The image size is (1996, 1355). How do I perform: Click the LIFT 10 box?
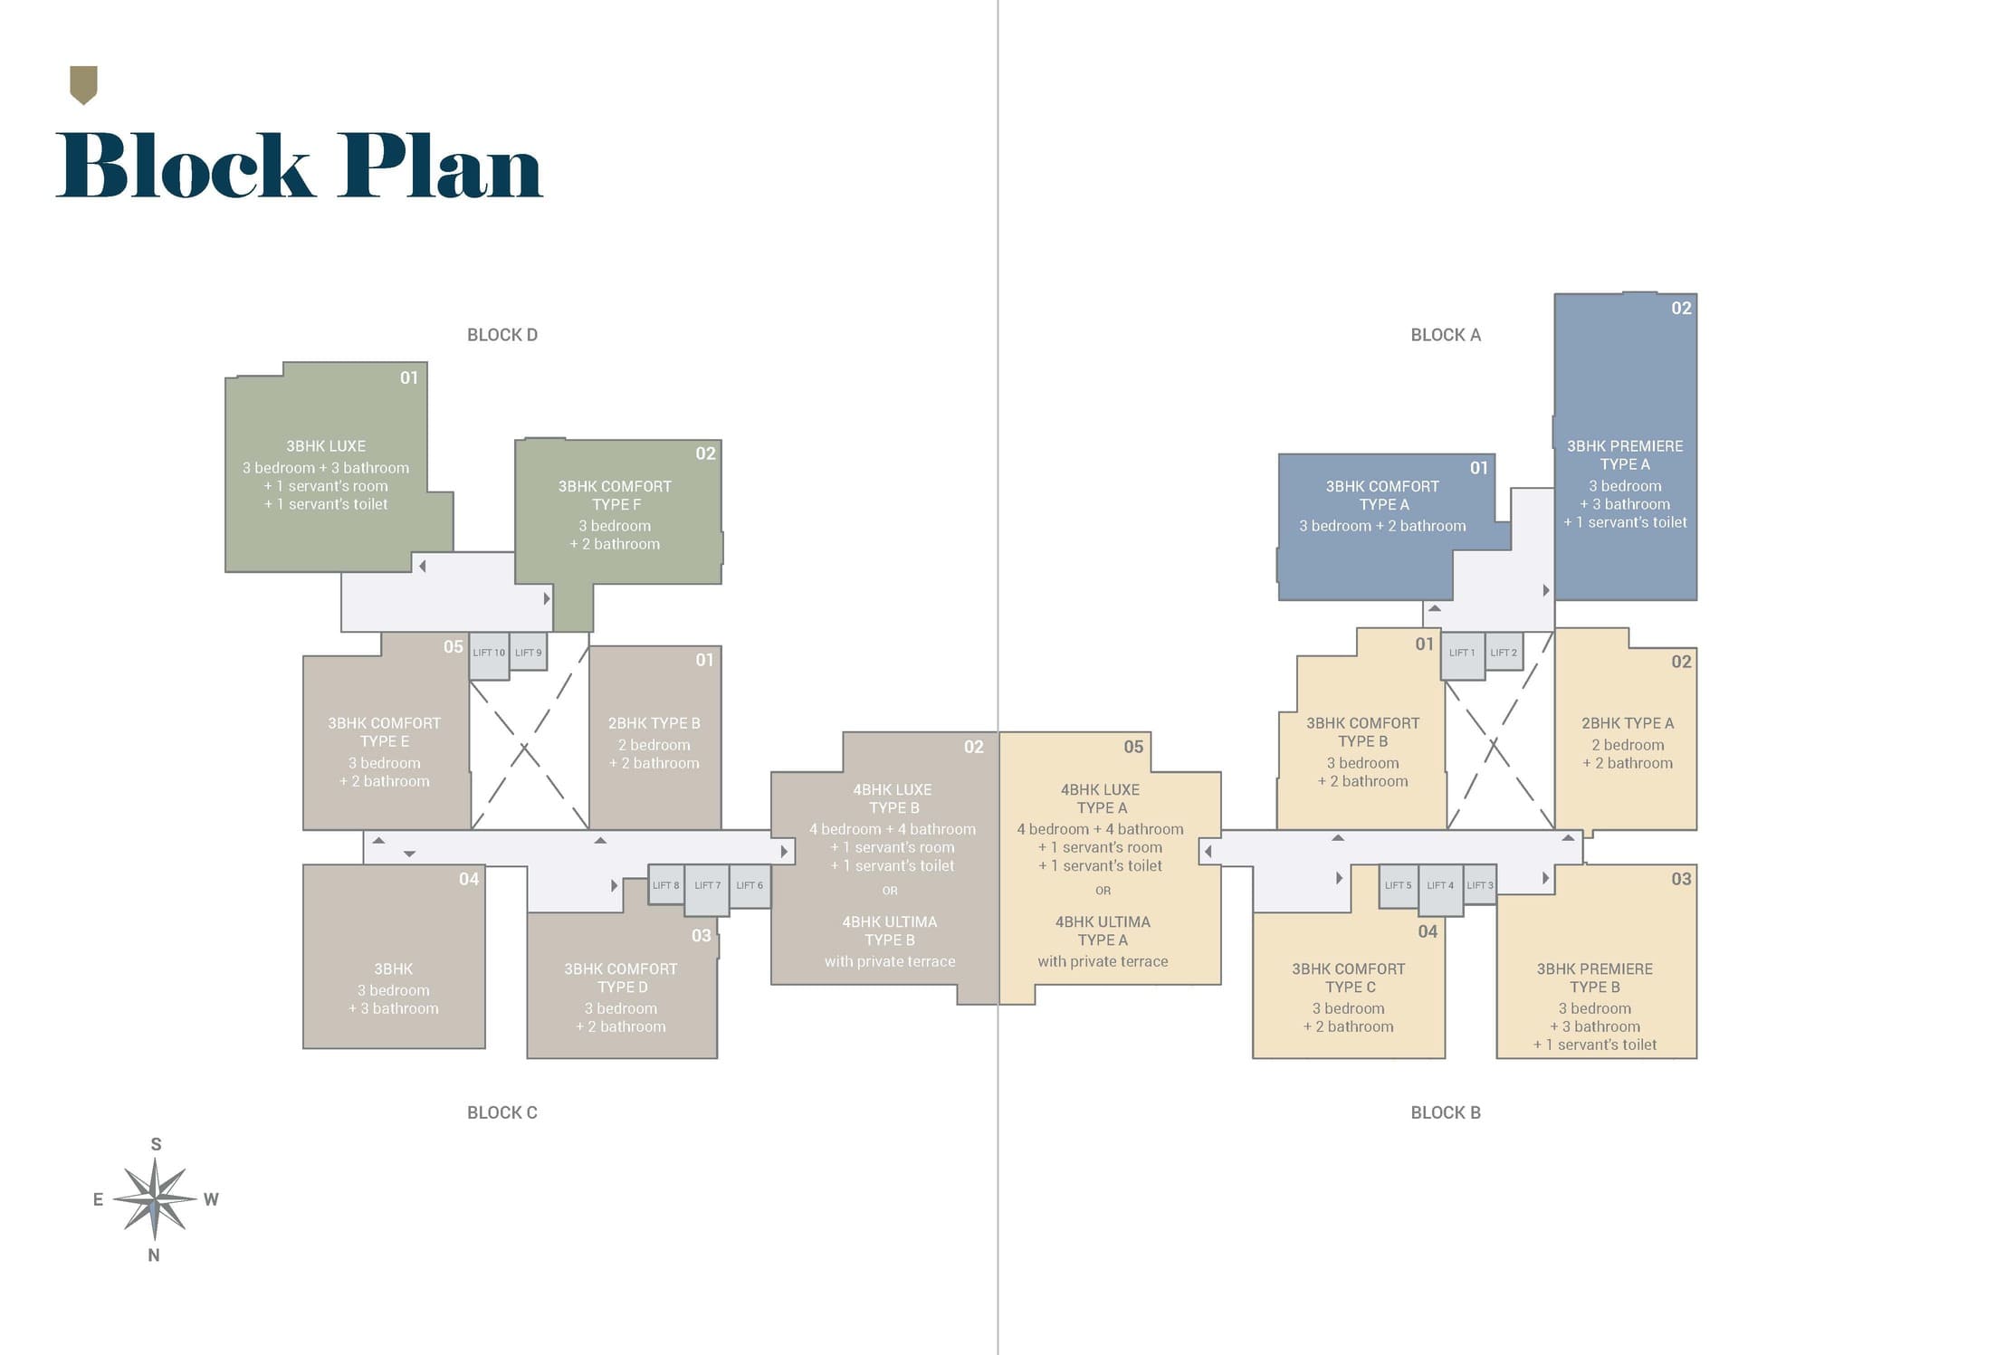point(489,656)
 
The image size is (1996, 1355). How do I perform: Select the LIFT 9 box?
point(529,652)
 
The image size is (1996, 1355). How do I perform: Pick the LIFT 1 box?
point(1462,656)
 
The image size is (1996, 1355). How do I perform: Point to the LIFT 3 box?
point(1479,884)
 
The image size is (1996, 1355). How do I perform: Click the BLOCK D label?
point(502,335)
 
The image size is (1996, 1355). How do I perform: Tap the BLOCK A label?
point(1446,335)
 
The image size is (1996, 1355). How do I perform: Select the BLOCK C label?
point(502,1112)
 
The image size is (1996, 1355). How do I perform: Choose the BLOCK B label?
point(1446,1112)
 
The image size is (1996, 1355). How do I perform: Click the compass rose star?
point(155,1199)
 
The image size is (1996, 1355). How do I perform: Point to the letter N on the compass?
point(154,1255)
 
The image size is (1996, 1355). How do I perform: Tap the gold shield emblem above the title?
point(83,85)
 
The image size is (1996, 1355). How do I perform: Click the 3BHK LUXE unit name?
point(326,446)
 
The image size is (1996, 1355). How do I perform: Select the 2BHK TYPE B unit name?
point(654,723)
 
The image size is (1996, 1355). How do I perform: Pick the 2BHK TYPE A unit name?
point(1628,723)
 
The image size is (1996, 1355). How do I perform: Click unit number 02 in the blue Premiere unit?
point(1681,309)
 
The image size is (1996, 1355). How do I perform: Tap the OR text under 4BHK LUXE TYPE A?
point(1103,891)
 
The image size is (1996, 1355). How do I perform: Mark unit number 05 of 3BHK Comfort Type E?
point(454,647)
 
